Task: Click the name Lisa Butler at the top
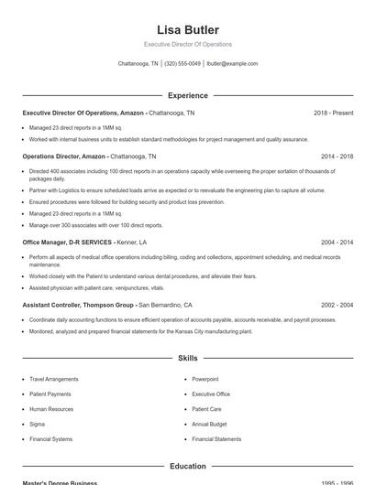188,29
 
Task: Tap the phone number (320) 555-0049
182,64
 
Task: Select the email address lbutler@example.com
232,64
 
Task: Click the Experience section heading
188,95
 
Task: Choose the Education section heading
188,466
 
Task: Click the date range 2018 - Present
333,113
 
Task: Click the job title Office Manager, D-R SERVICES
67,242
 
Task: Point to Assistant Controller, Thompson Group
77,305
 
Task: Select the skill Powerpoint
205,378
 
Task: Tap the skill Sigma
38,424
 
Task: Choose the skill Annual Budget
209,424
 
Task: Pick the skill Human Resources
51,409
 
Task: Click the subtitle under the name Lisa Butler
188,44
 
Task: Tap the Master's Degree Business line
61,482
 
